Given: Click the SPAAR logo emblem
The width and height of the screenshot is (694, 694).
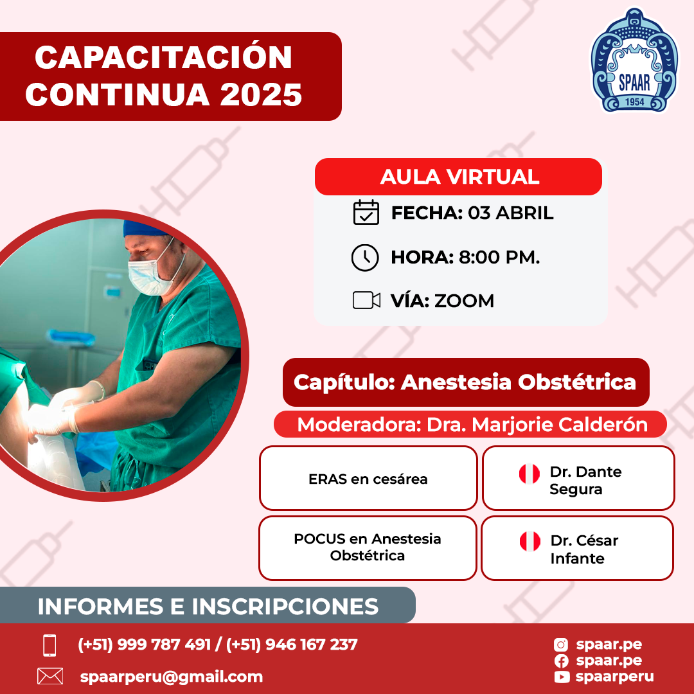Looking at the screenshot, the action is [634, 60].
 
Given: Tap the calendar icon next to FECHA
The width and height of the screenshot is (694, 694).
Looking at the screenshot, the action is [366, 213].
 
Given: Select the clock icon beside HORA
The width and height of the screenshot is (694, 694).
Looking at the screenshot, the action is [365, 257].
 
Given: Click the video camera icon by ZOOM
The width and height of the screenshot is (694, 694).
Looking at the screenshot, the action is [366, 300].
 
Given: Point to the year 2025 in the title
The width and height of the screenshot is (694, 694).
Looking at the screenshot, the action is [261, 94].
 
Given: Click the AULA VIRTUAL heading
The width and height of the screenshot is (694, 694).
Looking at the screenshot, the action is [460, 177].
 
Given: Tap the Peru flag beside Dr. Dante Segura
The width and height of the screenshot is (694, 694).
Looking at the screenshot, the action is [529, 474].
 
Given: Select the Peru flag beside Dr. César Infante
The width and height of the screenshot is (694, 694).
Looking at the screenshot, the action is [529, 541].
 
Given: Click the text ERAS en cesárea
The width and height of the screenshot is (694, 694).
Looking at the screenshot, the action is [368, 479].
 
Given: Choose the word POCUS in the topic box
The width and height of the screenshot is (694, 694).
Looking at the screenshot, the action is [319, 538].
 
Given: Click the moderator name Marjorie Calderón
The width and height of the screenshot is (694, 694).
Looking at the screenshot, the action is [560, 425].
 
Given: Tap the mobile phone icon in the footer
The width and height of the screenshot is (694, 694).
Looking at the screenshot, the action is [49, 645].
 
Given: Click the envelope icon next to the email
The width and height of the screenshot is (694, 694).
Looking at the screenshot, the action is [50, 676].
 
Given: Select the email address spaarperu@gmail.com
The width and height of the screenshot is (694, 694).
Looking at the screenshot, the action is [172, 677].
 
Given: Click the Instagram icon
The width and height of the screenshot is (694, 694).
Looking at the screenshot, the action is [561, 645].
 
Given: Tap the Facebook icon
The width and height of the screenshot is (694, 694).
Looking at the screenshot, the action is [561, 661].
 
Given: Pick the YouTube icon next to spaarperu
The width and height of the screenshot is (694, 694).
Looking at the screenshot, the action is [561, 677].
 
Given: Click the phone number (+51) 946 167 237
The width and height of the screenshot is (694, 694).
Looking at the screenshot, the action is [292, 645].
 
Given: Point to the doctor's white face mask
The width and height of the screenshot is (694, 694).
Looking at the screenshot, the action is [150, 276].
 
